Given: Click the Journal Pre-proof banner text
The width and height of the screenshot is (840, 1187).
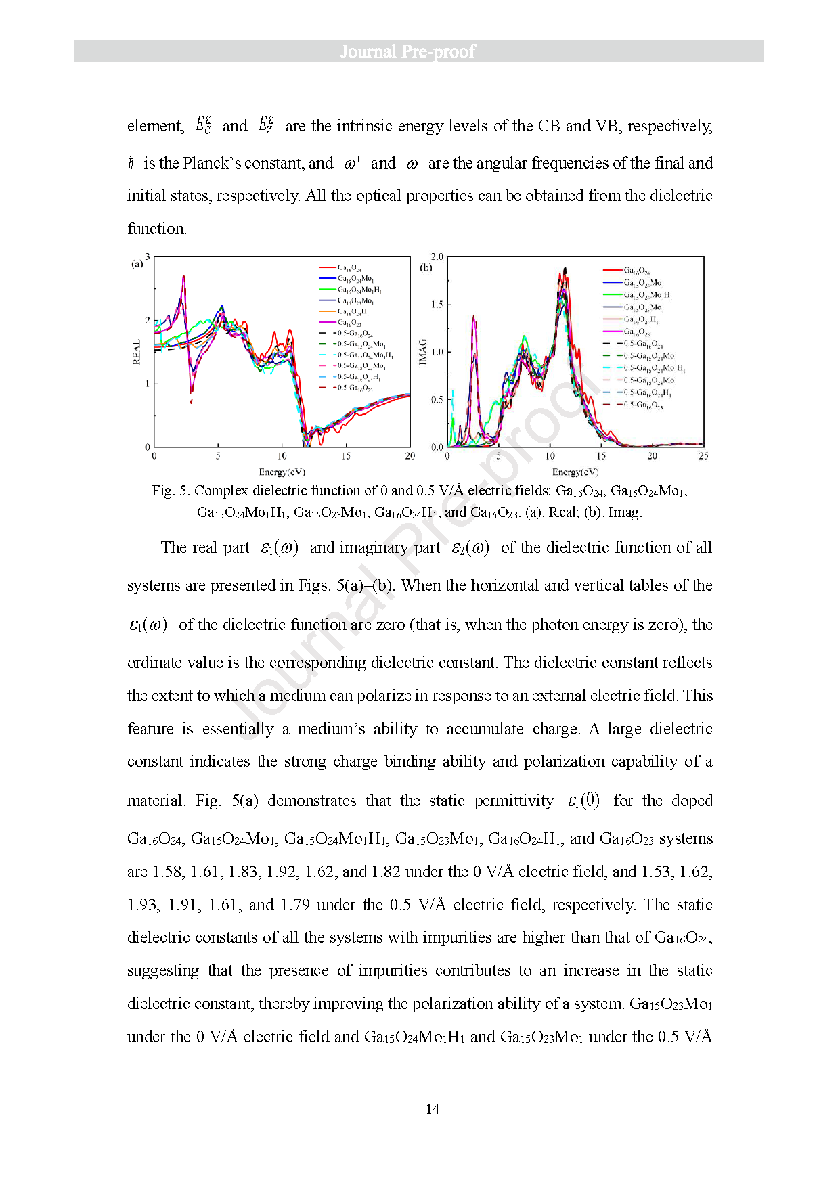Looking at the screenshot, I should (x=407, y=51).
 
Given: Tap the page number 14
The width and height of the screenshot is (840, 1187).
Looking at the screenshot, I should (x=432, y=1109).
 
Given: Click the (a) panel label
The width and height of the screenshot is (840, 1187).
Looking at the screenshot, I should (x=137, y=264).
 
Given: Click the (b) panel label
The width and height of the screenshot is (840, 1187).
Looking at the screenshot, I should (x=426, y=267).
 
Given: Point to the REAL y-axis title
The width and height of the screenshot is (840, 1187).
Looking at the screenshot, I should (x=137, y=352).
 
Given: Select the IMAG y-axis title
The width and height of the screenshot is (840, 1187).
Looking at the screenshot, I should (x=423, y=352).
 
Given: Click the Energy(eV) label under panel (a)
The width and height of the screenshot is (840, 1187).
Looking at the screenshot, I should (x=282, y=472).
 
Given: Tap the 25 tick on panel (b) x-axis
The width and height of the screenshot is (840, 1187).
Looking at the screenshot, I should (x=703, y=456).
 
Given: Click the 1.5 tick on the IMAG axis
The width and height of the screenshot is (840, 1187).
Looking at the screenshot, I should (x=437, y=305).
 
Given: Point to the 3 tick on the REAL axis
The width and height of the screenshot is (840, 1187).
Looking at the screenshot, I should (x=147, y=257).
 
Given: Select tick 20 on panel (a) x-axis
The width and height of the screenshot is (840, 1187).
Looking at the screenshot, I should (x=410, y=456).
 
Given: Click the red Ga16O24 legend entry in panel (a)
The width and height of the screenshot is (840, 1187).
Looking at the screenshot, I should (x=349, y=268).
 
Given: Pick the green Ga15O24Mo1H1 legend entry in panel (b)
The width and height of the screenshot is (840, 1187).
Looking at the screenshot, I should (x=646, y=295).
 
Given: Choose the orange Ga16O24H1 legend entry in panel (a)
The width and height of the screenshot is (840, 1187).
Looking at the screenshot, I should (x=352, y=312).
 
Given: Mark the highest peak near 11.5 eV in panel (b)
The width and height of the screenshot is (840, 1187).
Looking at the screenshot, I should (x=565, y=269).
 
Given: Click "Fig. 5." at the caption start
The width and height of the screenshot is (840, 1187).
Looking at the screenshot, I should (x=171, y=491).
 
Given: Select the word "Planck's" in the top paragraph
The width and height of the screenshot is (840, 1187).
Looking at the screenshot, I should (x=211, y=163).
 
